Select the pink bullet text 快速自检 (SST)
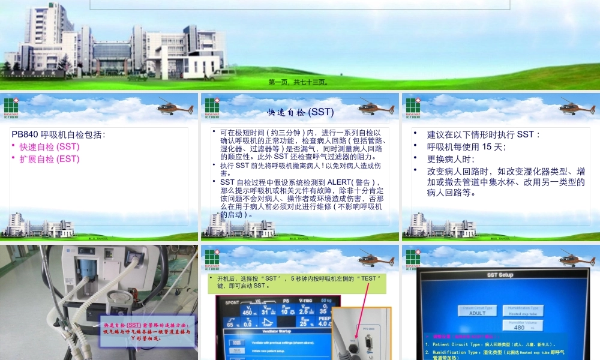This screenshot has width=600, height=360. [49, 146]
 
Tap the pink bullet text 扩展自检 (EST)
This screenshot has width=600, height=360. [49, 159]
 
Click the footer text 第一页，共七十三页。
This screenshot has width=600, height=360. [298, 82]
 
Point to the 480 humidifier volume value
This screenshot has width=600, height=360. [519, 327]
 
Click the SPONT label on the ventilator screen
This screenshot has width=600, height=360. [229, 301]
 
